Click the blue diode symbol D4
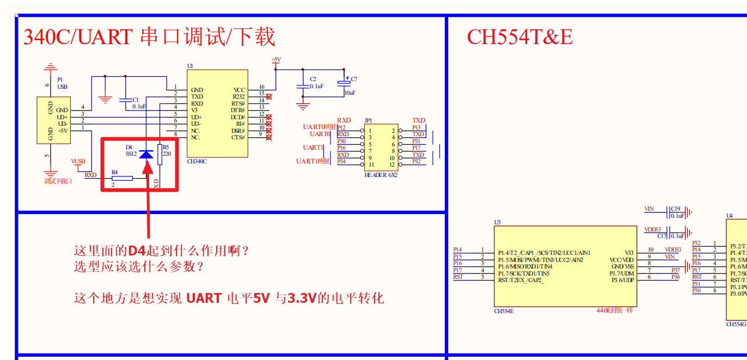click(x=146, y=155)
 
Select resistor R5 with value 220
click(x=160, y=155)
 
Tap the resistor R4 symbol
click(x=122, y=178)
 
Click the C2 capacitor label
click(x=313, y=80)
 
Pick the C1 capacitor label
click(x=136, y=100)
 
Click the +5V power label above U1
click(x=276, y=59)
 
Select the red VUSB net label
click(x=78, y=161)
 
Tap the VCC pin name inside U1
click(x=239, y=90)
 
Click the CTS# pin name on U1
click(x=238, y=137)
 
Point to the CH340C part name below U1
click(x=197, y=161)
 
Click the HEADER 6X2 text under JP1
click(x=381, y=175)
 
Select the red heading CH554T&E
click(x=519, y=37)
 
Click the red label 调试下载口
click(x=58, y=181)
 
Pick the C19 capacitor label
click(x=676, y=209)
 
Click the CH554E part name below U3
click(x=504, y=311)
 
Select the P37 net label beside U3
click(x=675, y=270)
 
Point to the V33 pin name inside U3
click(x=629, y=253)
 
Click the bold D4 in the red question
click(x=137, y=251)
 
